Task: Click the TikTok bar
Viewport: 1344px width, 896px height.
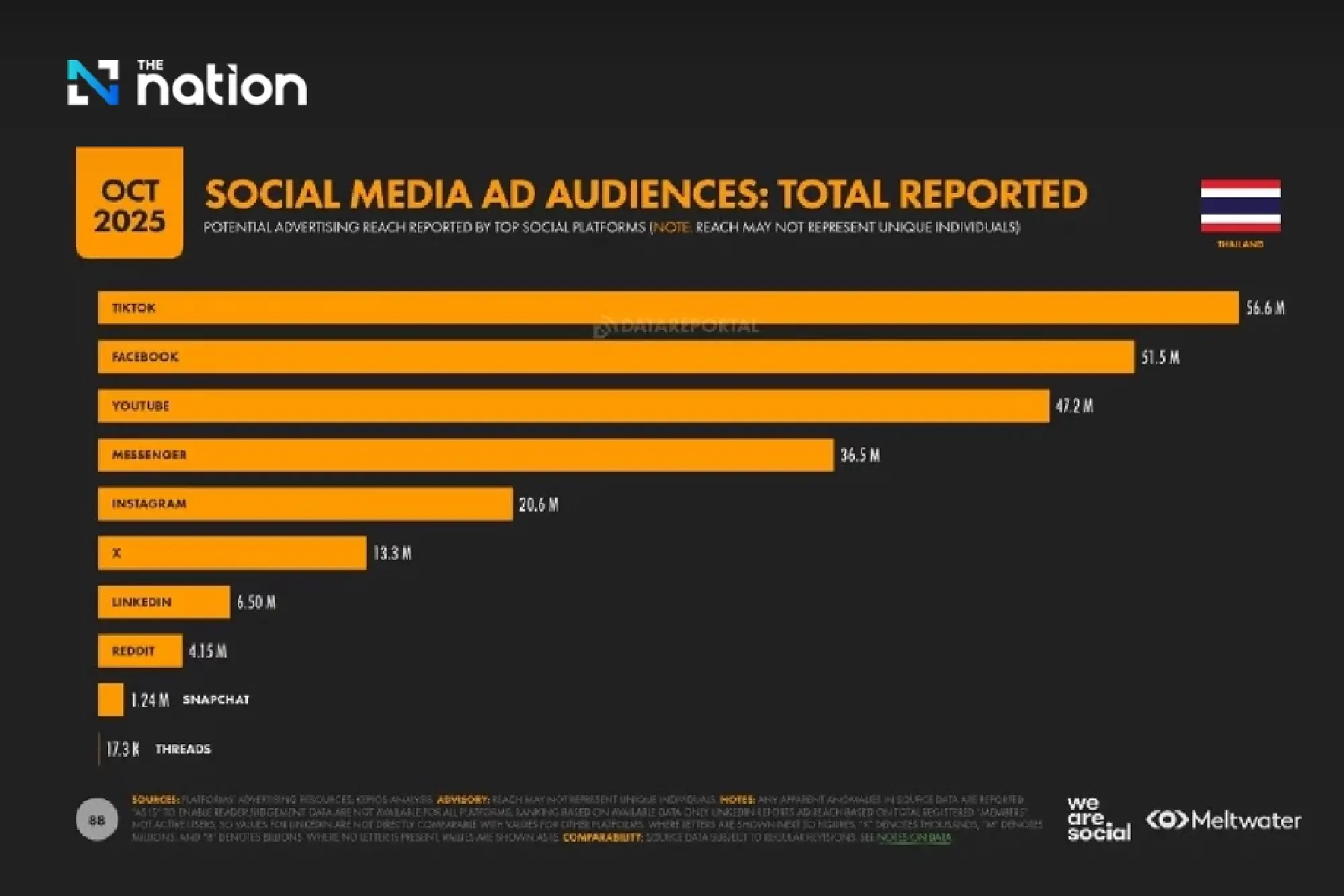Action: (x=668, y=308)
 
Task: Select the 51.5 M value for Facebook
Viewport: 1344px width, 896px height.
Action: (x=1160, y=358)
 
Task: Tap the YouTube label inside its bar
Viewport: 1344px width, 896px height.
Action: (x=140, y=406)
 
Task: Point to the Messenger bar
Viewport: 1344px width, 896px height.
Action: (x=465, y=455)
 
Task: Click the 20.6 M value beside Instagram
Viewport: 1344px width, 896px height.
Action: (x=538, y=505)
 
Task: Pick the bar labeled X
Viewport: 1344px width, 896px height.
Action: (x=232, y=553)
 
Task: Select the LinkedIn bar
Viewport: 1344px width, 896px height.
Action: (x=163, y=602)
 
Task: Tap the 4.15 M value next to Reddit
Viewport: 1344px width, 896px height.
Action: (x=208, y=651)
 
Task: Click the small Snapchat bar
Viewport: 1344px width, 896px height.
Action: (x=110, y=700)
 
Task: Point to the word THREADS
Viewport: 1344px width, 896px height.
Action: (x=183, y=749)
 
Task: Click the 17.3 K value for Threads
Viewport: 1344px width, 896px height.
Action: (x=123, y=749)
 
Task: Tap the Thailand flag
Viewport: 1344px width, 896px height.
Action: (x=1240, y=206)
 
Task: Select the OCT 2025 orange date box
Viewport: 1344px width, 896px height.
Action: (x=129, y=203)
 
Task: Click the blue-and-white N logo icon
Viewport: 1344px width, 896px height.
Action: (x=93, y=83)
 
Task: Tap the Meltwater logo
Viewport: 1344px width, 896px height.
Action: (x=1223, y=820)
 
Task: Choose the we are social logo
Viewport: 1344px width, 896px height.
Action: (x=1097, y=819)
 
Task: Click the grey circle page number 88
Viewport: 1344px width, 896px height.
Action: (x=97, y=819)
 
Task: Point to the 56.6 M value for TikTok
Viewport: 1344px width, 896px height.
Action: (x=1265, y=308)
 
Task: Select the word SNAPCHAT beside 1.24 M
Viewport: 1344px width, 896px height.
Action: (x=216, y=700)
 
